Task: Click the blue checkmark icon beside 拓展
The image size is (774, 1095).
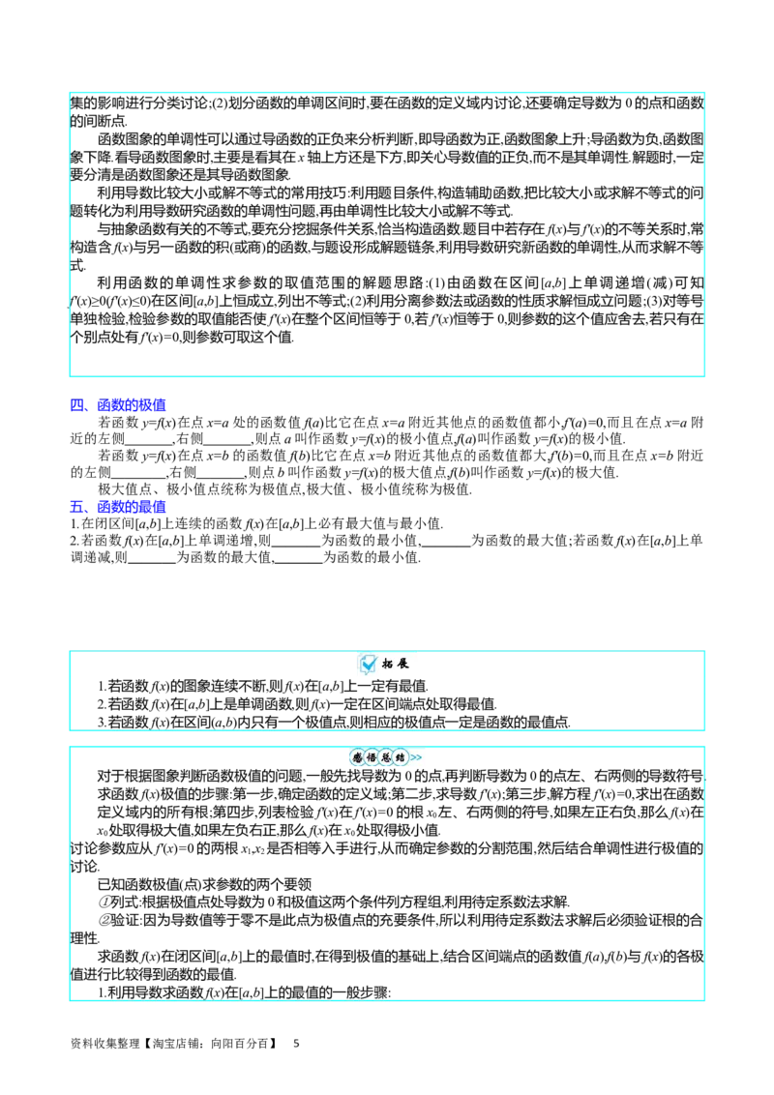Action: pyautogui.click(x=369, y=665)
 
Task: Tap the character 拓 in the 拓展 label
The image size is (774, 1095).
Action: pyautogui.click(x=387, y=665)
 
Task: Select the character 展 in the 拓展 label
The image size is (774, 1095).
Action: pyautogui.click(x=403, y=665)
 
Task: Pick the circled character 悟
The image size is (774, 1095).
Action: pyautogui.click(x=372, y=757)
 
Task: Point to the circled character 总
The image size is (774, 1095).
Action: pyautogui.click(x=386, y=757)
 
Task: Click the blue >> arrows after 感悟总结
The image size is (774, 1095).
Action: pyautogui.click(x=416, y=757)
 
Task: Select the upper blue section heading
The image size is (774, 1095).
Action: pyautogui.click(x=119, y=405)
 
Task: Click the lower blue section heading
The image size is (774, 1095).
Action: pyautogui.click(x=119, y=506)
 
